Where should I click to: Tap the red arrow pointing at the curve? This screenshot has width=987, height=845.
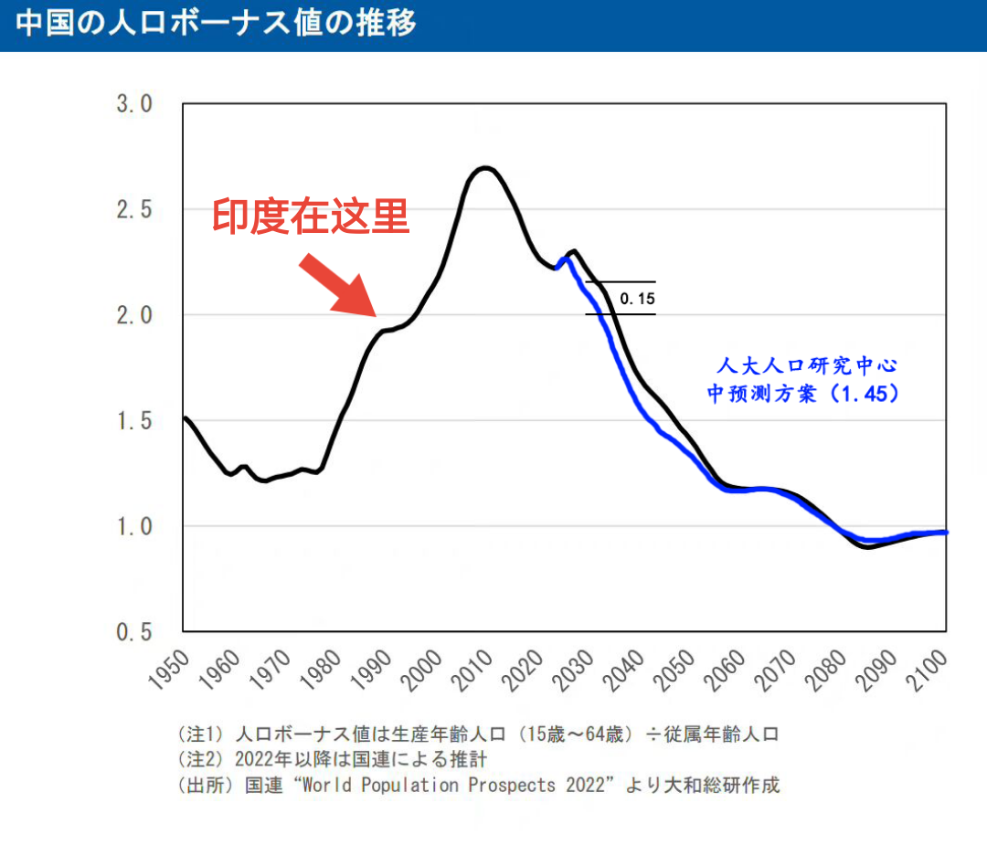pos(337,285)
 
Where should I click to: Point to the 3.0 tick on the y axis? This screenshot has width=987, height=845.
pos(134,104)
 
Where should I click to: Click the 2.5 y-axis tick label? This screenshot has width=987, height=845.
pos(134,210)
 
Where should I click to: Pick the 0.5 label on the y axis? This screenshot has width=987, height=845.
pos(134,632)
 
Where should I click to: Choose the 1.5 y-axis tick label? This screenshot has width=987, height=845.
pos(134,421)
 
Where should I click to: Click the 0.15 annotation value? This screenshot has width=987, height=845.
pos(637,298)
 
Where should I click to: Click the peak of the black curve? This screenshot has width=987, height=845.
pos(484,168)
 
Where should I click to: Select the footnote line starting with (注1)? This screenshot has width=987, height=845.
pos(478,734)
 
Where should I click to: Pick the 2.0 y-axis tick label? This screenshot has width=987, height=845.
pos(134,315)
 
